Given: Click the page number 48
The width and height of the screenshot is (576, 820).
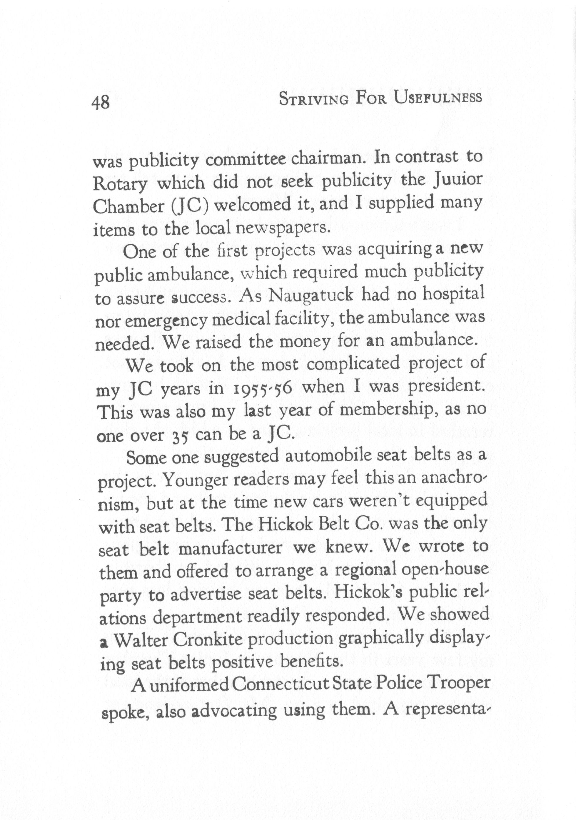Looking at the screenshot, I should tap(101, 103).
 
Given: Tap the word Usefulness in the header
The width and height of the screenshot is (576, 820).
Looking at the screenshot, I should tap(438, 98).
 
